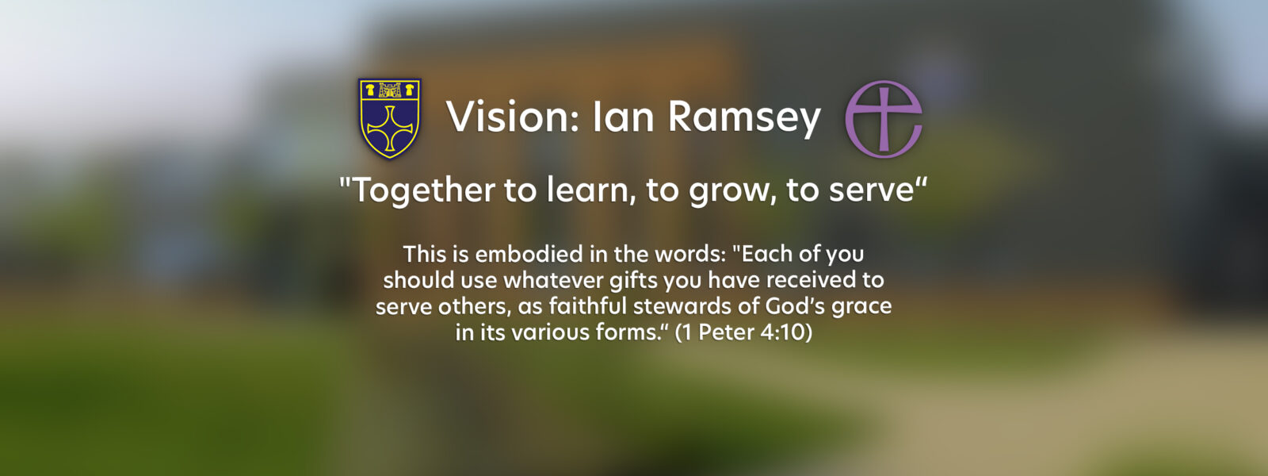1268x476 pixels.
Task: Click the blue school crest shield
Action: click(x=389, y=118)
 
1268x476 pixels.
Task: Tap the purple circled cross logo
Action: click(x=884, y=120)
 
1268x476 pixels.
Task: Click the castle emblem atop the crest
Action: click(x=389, y=90)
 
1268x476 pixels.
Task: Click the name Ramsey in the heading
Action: click(x=744, y=119)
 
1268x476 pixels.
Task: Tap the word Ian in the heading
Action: click(x=623, y=117)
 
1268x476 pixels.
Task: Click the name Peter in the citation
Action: click(x=726, y=332)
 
